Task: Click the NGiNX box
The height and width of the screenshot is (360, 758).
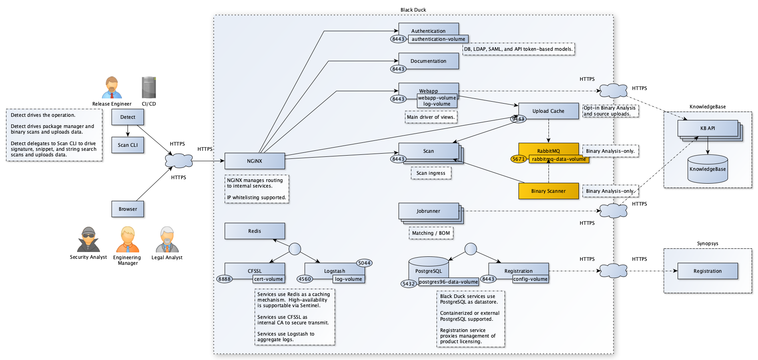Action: click(x=255, y=161)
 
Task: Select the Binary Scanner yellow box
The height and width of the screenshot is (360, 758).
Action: click(x=548, y=191)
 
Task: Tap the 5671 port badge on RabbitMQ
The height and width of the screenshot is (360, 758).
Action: click(x=519, y=159)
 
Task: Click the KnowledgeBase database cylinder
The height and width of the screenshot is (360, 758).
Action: click(x=707, y=169)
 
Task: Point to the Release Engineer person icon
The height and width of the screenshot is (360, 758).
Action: click(x=112, y=88)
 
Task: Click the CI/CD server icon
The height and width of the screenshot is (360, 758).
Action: click(x=149, y=88)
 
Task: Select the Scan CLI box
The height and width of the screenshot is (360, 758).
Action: click(x=128, y=145)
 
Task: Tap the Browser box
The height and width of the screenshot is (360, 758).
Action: click(x=128, y=209)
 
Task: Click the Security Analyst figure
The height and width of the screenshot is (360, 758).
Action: click(x=88, y=240)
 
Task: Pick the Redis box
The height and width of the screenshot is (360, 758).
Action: click(x=255, y=231)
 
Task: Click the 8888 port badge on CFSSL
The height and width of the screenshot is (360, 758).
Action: click(x=225, y=279)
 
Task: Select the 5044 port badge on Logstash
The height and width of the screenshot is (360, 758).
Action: click(x=364, y=263)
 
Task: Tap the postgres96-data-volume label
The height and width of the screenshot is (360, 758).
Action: click(x=448, y=282)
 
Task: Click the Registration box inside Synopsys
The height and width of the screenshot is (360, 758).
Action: click(x=707, y=271)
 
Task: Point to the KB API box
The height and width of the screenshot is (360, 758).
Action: click(x=707, y=128)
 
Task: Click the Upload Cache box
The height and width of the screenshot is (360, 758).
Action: click(x=548, y=111)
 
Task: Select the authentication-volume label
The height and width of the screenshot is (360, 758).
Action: click(x=438, y=39)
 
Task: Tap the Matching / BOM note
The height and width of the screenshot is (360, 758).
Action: click(x=431, y=233)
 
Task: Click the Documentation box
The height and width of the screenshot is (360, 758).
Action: click(x=428, y=61)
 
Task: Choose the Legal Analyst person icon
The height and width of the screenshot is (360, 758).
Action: click(x=167, y=240)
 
